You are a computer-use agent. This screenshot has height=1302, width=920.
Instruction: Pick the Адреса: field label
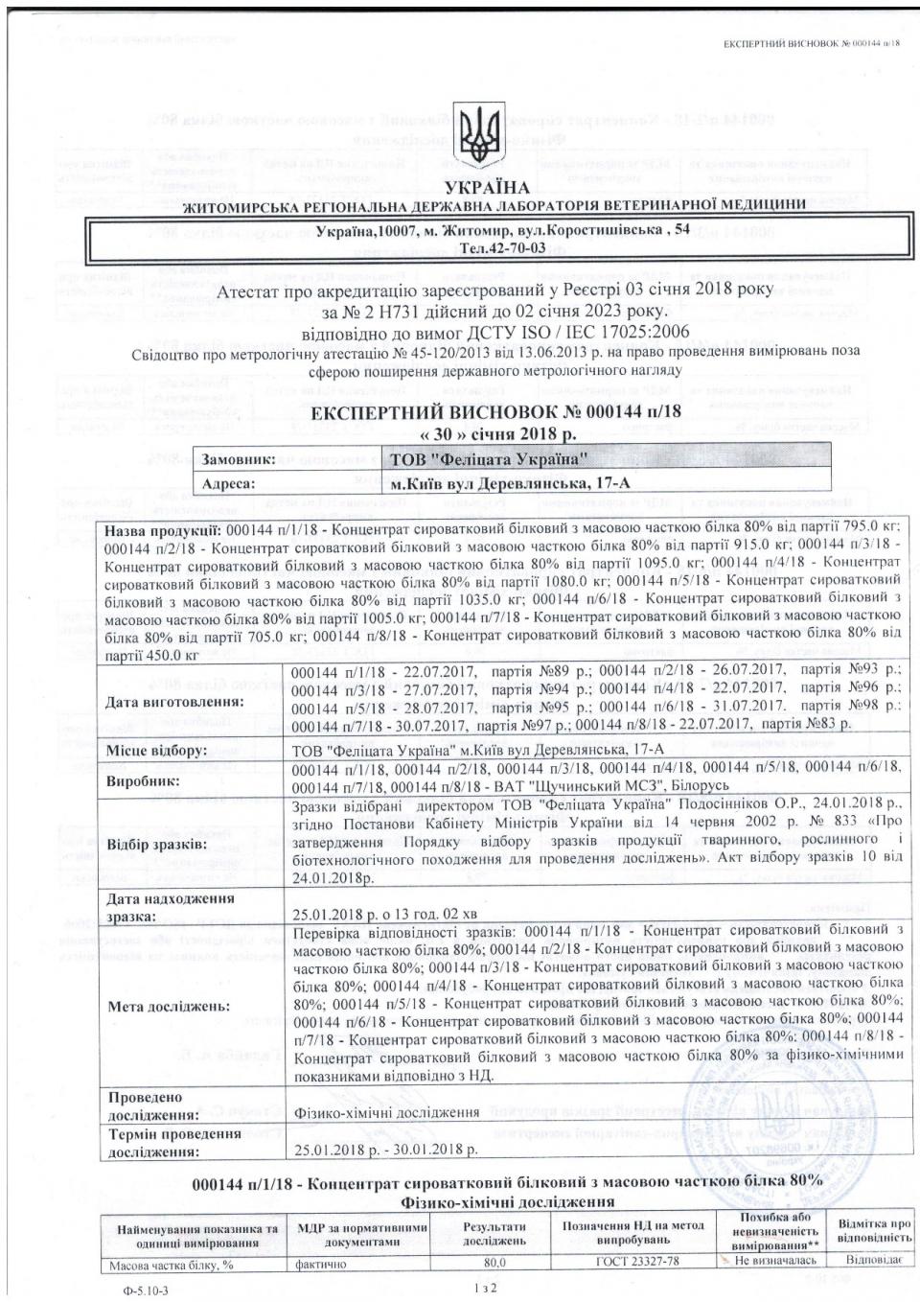(x=228, y=483)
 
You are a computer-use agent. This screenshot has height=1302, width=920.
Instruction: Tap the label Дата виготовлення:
(x=174, y=701)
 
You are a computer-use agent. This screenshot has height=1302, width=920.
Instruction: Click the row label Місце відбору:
(x=156, y=750)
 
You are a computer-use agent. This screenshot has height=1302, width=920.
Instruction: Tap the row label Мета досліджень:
(x=169, y=1007)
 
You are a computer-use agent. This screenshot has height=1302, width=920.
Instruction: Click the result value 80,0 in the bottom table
(x=494, y=1262)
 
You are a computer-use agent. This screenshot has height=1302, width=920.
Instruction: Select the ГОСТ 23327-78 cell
(x=633, y=1261)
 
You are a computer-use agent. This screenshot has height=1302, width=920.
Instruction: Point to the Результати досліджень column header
(x=494, y=1234)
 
